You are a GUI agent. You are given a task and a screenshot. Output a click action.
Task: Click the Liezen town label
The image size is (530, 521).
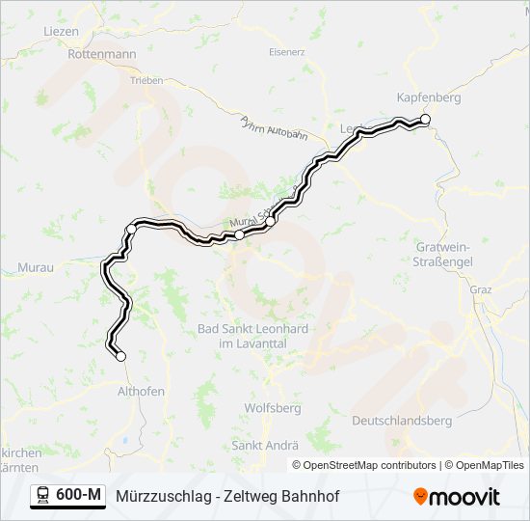(x=61, y=31)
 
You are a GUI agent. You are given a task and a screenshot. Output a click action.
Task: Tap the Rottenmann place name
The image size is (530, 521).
(x=102, y=55)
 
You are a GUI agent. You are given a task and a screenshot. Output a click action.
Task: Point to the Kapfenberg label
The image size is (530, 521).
(x=429, y=97)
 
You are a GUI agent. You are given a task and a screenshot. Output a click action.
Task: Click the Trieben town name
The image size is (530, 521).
(x=146, y=80)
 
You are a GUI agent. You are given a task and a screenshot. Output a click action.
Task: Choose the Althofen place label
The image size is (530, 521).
(x=141, y=391)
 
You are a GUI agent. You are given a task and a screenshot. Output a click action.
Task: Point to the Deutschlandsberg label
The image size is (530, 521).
(x=402, y=421)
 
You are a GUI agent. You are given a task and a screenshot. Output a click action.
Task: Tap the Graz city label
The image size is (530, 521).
(x=481, y=288)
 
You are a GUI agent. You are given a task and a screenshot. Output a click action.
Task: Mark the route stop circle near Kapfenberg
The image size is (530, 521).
(x=424, y=120)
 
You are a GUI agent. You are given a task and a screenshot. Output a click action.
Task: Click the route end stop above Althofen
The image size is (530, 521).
(x=120, y=357)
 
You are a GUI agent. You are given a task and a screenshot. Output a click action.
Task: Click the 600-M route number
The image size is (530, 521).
(x=79, y=496)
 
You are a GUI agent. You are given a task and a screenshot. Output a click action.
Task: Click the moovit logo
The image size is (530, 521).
(x=457, y=497)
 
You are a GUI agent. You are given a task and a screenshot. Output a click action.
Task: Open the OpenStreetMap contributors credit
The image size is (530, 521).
(x=369, y=465)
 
